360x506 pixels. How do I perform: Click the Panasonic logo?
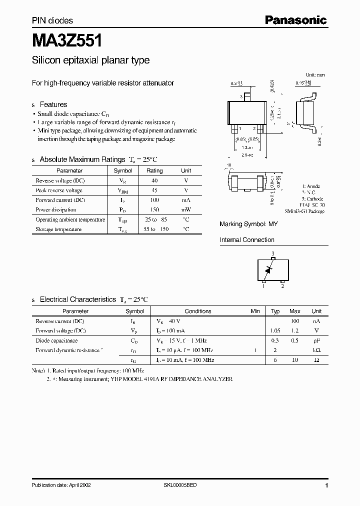pos(295,20)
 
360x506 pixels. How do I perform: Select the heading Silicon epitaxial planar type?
pos(90,60)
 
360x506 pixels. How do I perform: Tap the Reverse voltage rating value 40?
pos(154,180)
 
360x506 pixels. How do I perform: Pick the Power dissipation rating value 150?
pos(154,210)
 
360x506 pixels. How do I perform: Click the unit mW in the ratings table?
pos(185,210)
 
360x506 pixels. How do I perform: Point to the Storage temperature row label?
pos(58,229)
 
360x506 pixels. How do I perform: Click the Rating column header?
pos(154,171)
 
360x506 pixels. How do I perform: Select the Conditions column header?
pos(198,311)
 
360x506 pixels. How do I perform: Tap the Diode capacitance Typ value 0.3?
pos(275,340)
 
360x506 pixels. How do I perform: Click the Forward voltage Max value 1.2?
pos(295,330)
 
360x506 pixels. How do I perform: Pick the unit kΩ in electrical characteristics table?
pos(316,350)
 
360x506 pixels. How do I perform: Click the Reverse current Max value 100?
pos(295,321)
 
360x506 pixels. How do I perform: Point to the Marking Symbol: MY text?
pos(248,224)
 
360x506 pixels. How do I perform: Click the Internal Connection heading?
pos(247,240)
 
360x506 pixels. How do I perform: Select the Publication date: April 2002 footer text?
pos(61,485)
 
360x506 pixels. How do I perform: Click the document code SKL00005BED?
pos(180,485)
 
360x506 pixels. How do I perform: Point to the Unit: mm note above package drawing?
pos(315,74)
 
